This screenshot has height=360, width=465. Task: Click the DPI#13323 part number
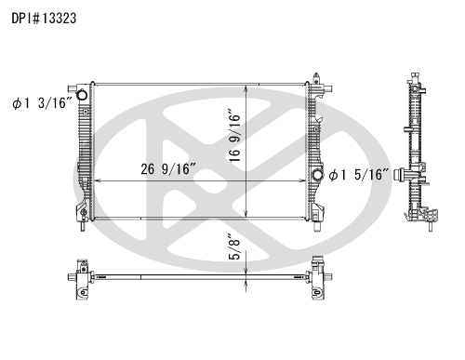(x=44, y=19)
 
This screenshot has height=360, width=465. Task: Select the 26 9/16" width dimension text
(x=168, y=169)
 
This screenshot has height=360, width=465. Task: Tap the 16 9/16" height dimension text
(x=235, y=135)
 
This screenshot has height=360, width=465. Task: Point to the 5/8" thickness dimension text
(x=235, y=247)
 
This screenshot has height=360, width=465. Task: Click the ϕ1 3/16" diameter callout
(x=42, y=103)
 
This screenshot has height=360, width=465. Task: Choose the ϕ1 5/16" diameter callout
(x=359, y=175)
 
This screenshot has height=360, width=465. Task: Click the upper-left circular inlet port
(x=82, y=95)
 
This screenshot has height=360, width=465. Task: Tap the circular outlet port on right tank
(x=317, y=175)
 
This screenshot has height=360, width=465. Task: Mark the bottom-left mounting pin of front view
(x=83, y=226)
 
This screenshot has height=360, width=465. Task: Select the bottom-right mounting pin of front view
(x=317, y=227)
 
